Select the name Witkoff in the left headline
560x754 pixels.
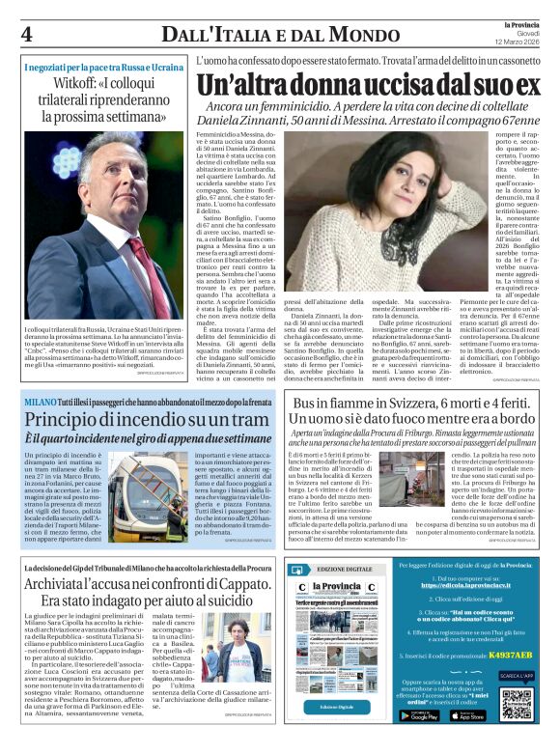pos(83,83)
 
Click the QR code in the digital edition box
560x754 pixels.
pos(517,705)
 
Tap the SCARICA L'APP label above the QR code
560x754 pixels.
pos(517,676)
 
